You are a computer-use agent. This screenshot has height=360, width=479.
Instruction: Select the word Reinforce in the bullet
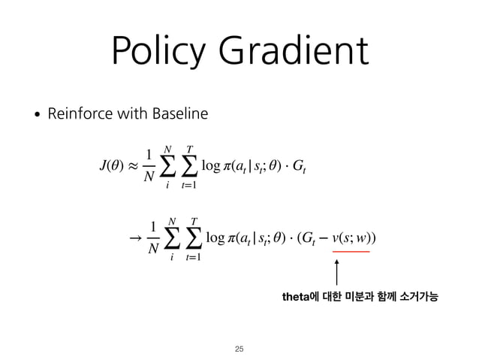[x=77, y=114]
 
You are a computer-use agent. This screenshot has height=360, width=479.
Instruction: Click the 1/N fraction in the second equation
[x=152, y=239]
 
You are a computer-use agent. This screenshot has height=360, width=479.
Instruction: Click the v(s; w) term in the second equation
[x=352, y=238]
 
